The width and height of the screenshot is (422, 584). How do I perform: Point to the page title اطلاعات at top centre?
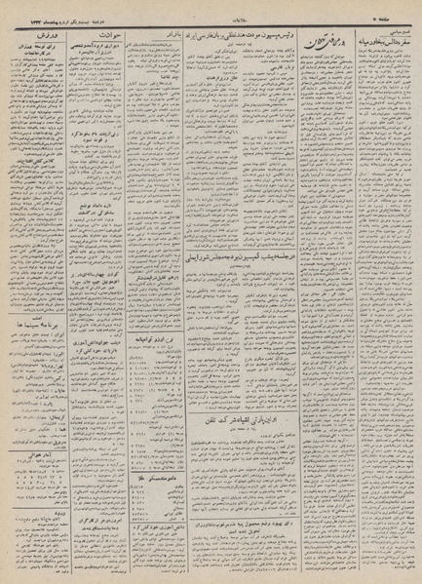point(211,12)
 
